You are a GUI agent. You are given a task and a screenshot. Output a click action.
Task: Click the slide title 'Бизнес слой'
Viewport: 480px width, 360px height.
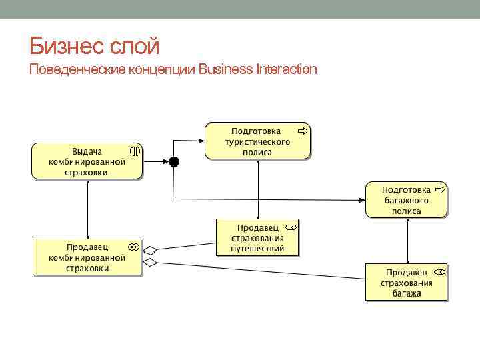coord(95,46)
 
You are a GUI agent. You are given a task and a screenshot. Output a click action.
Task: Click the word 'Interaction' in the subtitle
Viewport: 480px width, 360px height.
coord(287,69)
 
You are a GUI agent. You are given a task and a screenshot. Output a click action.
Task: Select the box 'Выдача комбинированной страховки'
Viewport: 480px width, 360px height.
coord(87,161)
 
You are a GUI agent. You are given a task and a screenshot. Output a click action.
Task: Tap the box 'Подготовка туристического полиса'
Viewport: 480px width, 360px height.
coord(257,141)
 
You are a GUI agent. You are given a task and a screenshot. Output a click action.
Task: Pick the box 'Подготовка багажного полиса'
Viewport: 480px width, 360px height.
coord(406,199)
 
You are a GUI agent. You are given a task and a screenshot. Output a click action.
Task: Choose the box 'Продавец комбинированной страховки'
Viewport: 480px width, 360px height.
coord(87,257)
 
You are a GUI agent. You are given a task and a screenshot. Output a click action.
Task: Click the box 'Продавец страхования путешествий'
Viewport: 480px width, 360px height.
coord(257,238)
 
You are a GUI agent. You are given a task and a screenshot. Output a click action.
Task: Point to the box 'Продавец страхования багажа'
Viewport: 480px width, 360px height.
coord(406,282)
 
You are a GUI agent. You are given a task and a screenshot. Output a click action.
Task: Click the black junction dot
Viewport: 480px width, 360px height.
coord(173,161)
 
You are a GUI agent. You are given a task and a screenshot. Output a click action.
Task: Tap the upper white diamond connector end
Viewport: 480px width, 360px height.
coord(150,251)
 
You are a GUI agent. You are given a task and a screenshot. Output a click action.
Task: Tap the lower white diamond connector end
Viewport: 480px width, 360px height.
coord(150,263)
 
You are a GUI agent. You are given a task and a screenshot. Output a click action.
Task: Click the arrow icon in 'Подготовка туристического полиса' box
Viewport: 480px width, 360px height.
coord(303,131)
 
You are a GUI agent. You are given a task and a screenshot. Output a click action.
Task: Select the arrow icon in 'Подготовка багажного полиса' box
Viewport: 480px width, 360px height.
coord(439,189)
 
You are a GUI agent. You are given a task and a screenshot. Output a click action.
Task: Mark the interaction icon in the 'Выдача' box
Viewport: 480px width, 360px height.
coord(135,151)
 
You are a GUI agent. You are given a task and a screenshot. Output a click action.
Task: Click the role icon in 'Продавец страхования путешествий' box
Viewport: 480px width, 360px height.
coord(291,227)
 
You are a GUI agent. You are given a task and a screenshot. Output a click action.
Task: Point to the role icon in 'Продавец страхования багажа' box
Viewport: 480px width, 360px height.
coord(439,272)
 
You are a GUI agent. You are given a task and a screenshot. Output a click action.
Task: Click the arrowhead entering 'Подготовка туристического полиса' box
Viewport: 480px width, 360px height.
coord(201,140)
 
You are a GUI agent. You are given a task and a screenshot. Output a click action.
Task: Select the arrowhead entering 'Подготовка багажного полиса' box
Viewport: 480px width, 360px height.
coord(362,199)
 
